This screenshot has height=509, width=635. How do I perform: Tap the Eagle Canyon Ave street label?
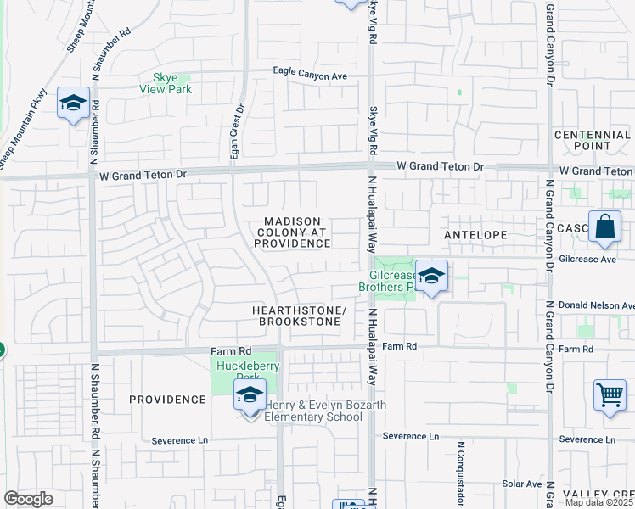310,75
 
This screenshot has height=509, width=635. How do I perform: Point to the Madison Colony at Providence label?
291,232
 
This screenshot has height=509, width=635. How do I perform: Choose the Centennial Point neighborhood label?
593,141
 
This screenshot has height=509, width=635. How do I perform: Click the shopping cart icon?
610,395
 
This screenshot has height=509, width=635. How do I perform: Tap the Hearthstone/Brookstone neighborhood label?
300,316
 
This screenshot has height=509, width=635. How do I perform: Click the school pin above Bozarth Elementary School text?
250,395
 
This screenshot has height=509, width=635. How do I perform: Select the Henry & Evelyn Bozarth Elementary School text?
326,411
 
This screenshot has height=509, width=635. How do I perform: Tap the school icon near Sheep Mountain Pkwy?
74,104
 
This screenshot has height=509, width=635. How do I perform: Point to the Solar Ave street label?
521,484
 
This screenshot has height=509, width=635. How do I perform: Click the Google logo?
28,498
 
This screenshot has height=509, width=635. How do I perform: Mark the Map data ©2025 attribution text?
598,502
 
